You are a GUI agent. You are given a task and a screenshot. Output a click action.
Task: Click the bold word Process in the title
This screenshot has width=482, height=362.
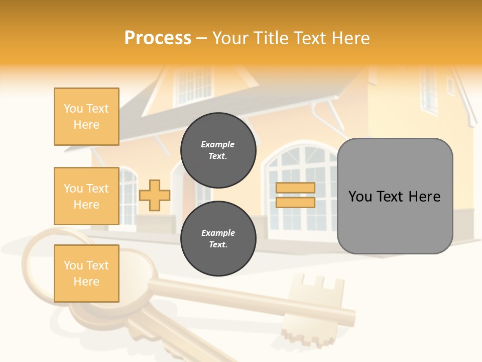click(x=158, y=38)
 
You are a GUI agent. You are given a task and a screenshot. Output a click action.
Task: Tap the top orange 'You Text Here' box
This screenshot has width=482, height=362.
click(x=86, y=117)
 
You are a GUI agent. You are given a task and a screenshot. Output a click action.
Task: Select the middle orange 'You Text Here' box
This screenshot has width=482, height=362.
click(x=86, y=196)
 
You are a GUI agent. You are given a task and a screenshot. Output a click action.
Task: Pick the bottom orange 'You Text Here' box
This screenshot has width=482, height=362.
click(x=86, y=273)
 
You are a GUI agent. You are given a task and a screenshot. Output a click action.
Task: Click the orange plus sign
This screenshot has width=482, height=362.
click(x=154, y=195)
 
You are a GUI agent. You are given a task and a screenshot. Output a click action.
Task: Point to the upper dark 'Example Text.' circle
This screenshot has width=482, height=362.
click(x=218, y=150)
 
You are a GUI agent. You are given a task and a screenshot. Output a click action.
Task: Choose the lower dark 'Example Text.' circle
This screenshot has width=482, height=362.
click(x=218, y=239)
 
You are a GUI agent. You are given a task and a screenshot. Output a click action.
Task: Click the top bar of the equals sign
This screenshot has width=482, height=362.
click(x=295, y=188)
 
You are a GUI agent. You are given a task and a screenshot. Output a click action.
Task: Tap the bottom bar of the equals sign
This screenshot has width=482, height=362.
click(x=295, y=202)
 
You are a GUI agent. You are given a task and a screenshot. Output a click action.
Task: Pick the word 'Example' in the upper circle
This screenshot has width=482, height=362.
click(x=217, y=144)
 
